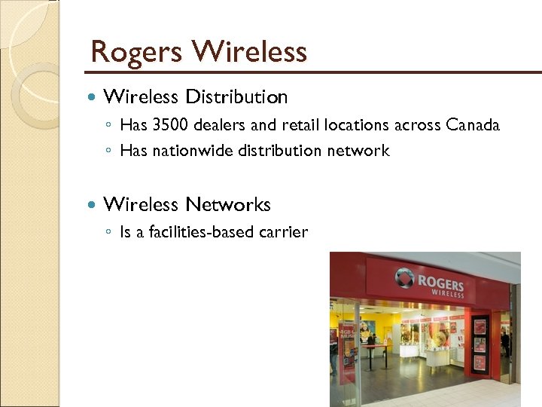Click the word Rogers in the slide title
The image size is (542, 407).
[136, 53]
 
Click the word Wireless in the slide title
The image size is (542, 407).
[249, 52]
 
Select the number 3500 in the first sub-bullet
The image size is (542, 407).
[169, 125]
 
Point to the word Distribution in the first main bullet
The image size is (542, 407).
[236, 97]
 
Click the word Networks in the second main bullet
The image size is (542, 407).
[228, 204]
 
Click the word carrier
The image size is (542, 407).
[283, 233]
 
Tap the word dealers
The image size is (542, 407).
[221, 125]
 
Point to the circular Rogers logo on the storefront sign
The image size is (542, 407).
[405, 280]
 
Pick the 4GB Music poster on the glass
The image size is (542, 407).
[348, 335]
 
